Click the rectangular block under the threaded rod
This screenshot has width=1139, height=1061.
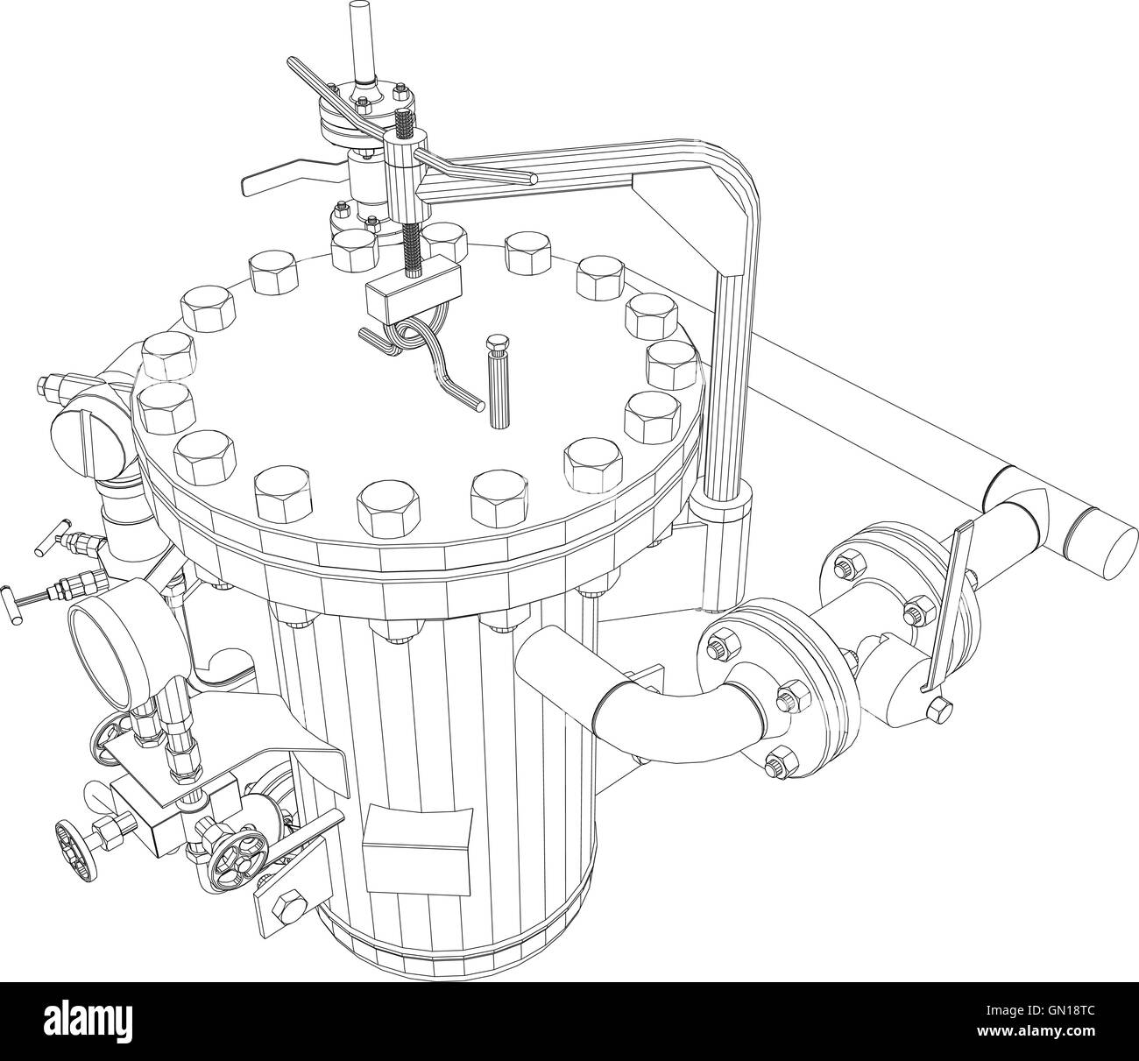tap(414, 288)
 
